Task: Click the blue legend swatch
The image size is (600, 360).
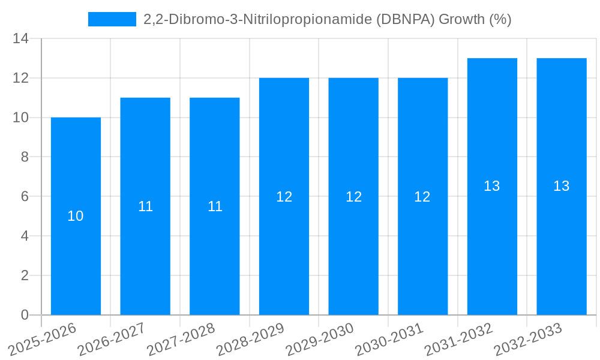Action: coord(112,19)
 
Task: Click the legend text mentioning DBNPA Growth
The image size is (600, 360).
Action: coord(327,19)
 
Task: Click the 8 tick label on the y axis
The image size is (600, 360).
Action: coord(24,157)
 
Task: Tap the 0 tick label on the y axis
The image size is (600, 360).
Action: coord(24,315)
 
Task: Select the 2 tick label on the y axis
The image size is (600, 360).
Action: coord(24,275)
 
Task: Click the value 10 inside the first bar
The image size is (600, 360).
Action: coord(76,216)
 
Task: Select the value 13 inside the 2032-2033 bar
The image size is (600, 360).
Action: coord(561,186)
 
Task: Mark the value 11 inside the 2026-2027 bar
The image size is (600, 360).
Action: coord(145,206)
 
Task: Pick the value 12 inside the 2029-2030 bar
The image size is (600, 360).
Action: coord(353,197)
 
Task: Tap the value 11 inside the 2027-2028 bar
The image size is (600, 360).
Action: coord(215,206)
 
